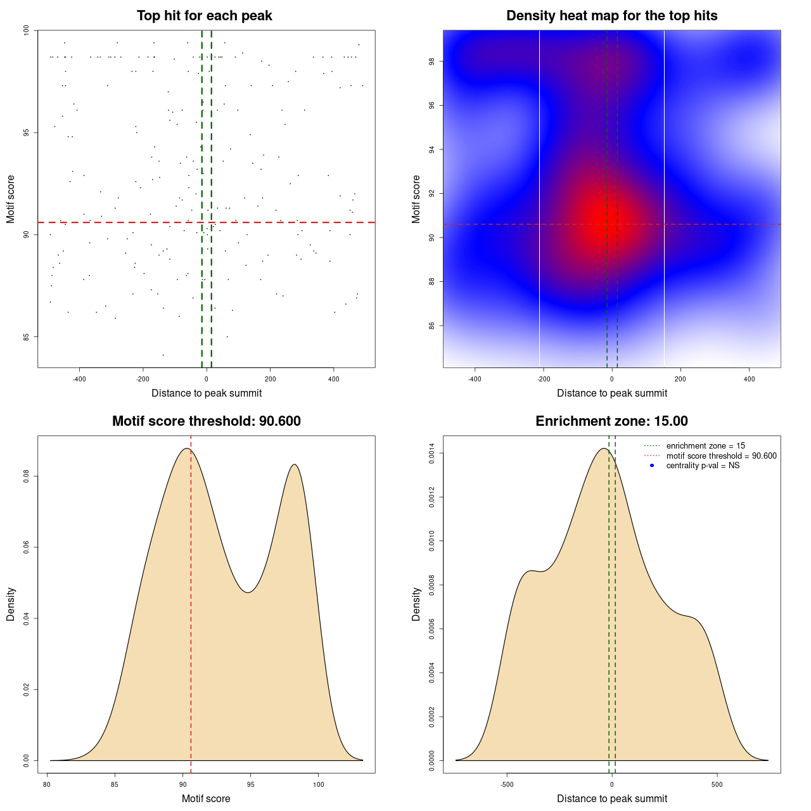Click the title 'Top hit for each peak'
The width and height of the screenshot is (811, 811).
[x=204, y=16]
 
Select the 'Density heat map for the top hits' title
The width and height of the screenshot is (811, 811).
[x=611, y=16]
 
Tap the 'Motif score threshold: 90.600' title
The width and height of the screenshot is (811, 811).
[x=206, y=421]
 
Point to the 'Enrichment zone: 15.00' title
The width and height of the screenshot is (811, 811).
[x=611, y=421]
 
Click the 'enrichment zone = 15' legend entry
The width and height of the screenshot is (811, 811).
[x=705, y=446]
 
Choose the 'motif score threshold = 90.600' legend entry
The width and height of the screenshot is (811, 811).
[x=721, y=456]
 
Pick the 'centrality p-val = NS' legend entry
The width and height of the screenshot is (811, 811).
[x=703, y=466]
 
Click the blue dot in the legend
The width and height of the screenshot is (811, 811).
[x=652, y=466]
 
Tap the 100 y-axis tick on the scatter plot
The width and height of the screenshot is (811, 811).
[x=27, y=30]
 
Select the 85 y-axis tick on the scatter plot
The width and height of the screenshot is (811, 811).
[x=27, y=336]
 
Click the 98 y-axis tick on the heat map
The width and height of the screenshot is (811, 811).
[x=431, y=61]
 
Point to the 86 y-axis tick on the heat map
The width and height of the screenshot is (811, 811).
[x=431, y=326]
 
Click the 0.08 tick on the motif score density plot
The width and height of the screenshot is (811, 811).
[x=27, y=476]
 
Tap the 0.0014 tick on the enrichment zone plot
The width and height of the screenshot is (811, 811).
[x=431, y=454]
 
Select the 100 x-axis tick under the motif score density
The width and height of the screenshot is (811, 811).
[x=318, y=784]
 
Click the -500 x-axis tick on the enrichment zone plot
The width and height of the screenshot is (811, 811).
[x=507, y=784]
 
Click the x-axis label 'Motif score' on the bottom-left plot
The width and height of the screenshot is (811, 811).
[x=206, y=798]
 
